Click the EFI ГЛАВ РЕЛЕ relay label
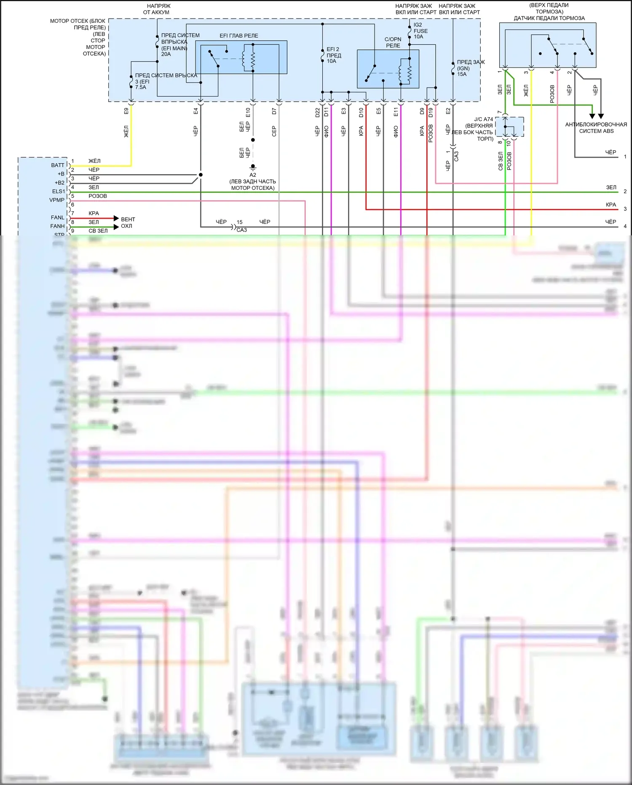[x=238, y=36]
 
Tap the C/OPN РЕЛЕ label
[x=393, y=42]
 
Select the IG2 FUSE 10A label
[x=420, y=31]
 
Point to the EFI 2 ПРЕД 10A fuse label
[x=333, y=55]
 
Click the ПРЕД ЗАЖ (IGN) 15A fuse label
[x=470, y=68]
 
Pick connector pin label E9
[x=126, y=111]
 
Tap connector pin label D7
[x=274, y=111]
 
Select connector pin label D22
[x=317, y=112]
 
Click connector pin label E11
[x=396, y=111]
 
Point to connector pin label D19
[x=431, y=112]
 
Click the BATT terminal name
[x=58, y=165]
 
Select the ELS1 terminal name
[x=58, y=192]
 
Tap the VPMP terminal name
[x=57, y=200]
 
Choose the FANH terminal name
[x=57, y=226]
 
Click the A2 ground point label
[x=253, y=175]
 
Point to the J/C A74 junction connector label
[x=483, y=119]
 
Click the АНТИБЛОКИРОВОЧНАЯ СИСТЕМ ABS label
[x=596, y=128]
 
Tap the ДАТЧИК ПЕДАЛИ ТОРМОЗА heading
[x=549, y=18]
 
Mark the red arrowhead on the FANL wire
[x=116, y=218]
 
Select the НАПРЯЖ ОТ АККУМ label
[x=156, y=9]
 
